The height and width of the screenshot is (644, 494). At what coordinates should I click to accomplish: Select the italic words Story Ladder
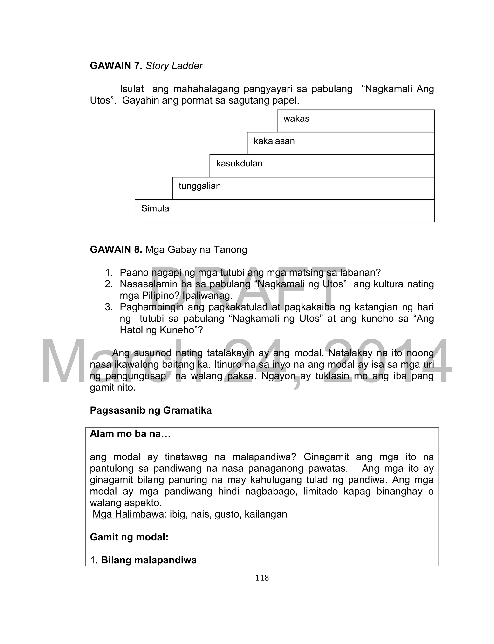click(x=174, y=66)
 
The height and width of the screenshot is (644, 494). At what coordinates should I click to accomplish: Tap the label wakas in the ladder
click(x=296, y=118)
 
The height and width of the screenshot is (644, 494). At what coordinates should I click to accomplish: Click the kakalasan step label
click(x=274, y=141)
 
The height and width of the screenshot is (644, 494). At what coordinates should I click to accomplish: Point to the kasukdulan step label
click(x=239, y=164)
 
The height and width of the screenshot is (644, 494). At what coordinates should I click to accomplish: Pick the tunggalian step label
click(x=200, y=186)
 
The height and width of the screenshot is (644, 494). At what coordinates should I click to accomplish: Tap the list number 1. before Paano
click(x=109, y=273)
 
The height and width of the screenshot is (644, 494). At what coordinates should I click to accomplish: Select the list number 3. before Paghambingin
click(x=109, y=307)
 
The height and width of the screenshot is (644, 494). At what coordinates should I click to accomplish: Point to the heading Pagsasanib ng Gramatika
click(x=151, y=410)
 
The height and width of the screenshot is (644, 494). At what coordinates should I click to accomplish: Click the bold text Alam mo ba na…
click(x=130, y=434)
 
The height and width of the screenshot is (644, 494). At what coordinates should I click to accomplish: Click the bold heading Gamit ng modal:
click(x=129, y=537)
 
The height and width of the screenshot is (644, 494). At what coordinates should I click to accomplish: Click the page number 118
click(x=262, y=578)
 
